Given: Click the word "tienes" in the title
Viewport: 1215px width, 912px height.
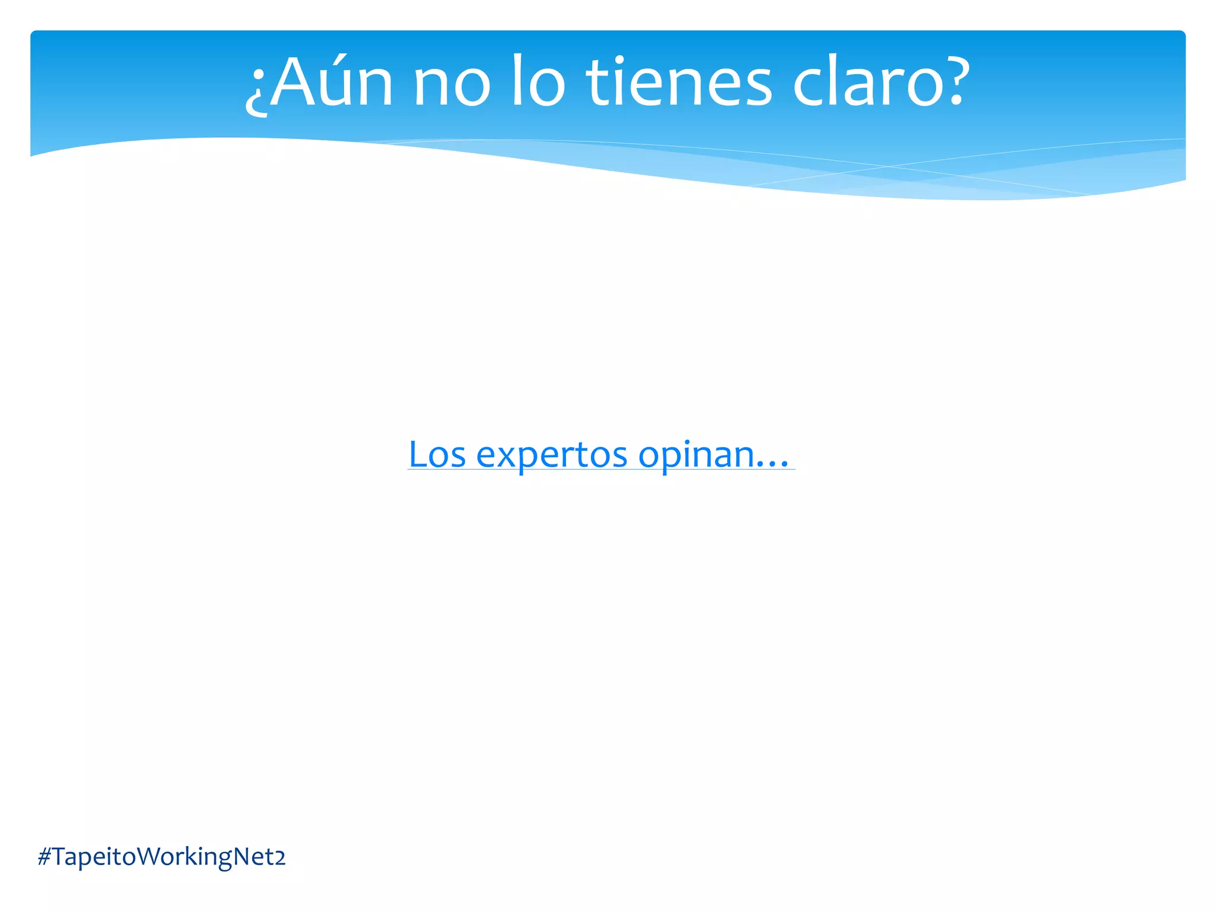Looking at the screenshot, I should coord(679,83).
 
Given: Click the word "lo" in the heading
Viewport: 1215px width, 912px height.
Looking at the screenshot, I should coord(537,83).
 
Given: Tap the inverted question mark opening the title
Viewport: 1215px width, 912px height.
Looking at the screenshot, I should coord(256,92).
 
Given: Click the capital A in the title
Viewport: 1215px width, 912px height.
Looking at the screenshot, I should coord(293,83).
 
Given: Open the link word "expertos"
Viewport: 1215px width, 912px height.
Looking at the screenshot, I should coord(552,456).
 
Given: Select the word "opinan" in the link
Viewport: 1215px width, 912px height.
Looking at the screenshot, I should coord(696,456).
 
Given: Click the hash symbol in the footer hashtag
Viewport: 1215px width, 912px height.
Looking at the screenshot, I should coord(44,857).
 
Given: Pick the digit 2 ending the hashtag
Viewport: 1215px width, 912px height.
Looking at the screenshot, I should coord(279,858).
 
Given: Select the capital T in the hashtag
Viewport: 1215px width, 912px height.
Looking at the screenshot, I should coord(60,857).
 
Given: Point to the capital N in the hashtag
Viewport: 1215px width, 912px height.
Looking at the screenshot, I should coord(243,857).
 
